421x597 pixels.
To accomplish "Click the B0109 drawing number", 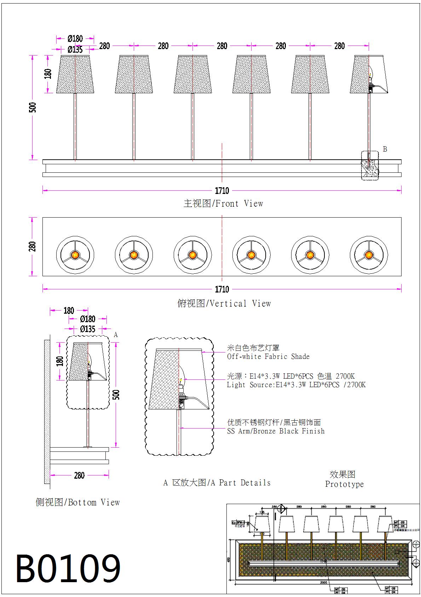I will pos(68,569).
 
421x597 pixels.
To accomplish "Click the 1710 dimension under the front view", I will pos(222,191).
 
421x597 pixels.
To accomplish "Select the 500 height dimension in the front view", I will pos(32,107).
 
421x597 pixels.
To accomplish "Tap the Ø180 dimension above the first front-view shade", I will pos(75,39).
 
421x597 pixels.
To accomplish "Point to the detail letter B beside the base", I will pos(385,149).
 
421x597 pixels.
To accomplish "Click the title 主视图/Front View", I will pos(223,203).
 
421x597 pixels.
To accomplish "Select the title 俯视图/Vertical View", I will pos(224,303).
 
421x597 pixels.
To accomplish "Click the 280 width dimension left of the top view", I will pos(32,247).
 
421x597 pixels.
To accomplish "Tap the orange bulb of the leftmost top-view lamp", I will pos(75,255).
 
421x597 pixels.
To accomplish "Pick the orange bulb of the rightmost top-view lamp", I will pos(369,255).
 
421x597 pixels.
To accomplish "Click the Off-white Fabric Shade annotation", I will pos(268,356).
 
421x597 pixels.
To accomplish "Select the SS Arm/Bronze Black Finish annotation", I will pos(276,431).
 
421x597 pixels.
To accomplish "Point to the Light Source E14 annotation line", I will pos(296,385).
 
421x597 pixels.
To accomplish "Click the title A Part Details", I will pos(217,483).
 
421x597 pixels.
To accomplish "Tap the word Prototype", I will pos(344,484).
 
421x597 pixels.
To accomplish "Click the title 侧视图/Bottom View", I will pos(77,502).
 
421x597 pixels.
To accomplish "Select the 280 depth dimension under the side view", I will pos(79,475).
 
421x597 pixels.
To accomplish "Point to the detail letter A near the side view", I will pos(116,335).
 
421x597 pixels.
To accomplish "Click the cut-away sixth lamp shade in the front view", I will pos(369,74).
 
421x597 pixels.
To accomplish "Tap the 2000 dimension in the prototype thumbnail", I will pos(323,582).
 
